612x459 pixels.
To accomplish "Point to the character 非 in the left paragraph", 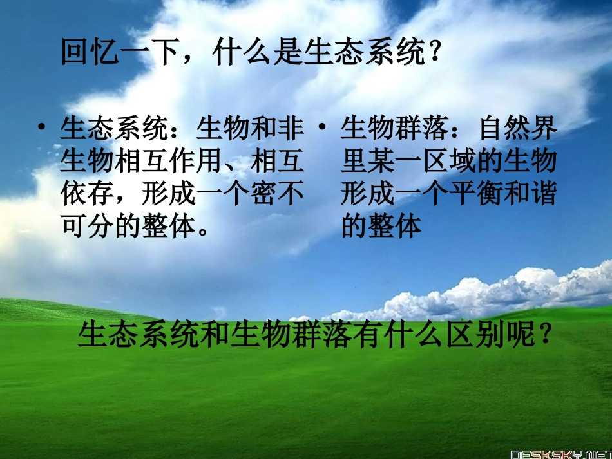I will (x=292, y=128).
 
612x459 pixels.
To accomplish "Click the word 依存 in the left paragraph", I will (x=88, y=193).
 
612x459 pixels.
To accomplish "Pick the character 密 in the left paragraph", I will (x=264, y=193).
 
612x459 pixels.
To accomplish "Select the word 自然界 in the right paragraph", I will (x=517, y=128).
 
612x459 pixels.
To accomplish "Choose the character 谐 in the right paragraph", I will (x=544, y=193).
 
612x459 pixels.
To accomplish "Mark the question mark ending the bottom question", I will (x=544, y=335).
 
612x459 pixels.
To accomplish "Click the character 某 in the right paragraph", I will (x=383, y=161).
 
